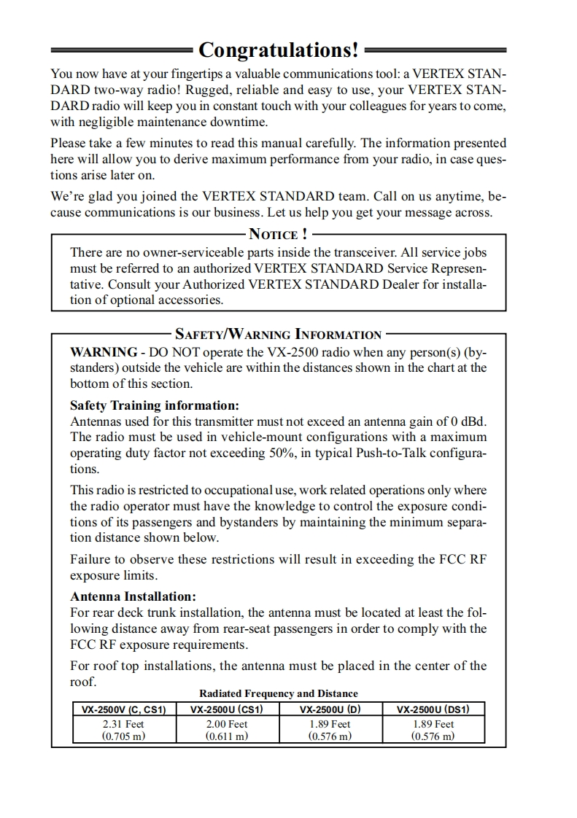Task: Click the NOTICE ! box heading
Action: coord(278,234)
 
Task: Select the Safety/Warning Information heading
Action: coord(278,335)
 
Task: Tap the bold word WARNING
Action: coord(103,352)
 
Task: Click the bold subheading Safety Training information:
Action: coord(155,405)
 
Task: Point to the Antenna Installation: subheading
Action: coord(133,596)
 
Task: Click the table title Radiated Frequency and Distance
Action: coord(279,693)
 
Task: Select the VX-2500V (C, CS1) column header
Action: coord(124,709)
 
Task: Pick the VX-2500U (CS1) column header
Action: coord(227,709)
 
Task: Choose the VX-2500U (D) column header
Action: coord(330,709)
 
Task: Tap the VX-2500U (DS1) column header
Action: coord(433,709)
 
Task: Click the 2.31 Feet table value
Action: coord(124,724)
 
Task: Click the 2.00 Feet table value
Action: coord(227,724)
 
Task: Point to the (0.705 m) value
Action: coord(124,736)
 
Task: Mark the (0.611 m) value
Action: coord(227,736)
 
